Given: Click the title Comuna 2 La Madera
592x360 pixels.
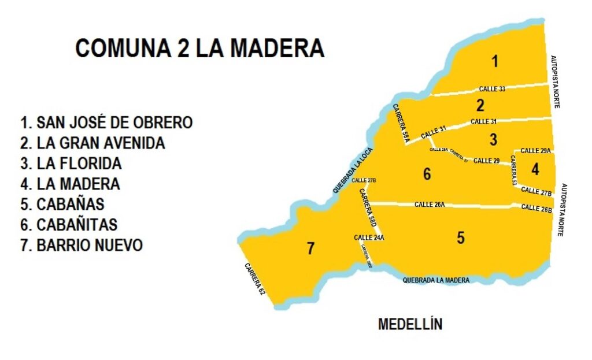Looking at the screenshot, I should point(199,49).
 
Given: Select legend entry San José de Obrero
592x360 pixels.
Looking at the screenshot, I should point(106,123).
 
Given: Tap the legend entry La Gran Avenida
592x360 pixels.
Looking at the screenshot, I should point(92,143).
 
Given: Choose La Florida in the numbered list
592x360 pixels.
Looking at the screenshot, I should point(71,164).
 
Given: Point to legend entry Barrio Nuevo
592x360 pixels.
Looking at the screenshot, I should point(82,245).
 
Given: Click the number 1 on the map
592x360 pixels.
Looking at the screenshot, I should point(494,61).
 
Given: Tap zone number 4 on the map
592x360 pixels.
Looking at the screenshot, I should point(535,169).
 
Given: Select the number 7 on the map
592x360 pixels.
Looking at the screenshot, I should point(310,248).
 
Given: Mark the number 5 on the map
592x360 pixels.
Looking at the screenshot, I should point(460,237).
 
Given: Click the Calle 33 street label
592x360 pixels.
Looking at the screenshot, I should point(492,89).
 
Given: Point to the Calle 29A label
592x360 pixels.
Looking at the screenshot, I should point(535,151).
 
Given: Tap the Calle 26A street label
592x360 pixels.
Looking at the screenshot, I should point(430,205).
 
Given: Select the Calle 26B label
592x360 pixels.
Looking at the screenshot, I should point(536,208).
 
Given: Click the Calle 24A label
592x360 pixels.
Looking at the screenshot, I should point(369,237).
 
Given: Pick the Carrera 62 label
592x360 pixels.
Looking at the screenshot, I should point(254,280).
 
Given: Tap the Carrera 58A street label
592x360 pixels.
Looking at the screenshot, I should point(401,122).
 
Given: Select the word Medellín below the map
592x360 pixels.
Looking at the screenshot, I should point(410,324).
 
